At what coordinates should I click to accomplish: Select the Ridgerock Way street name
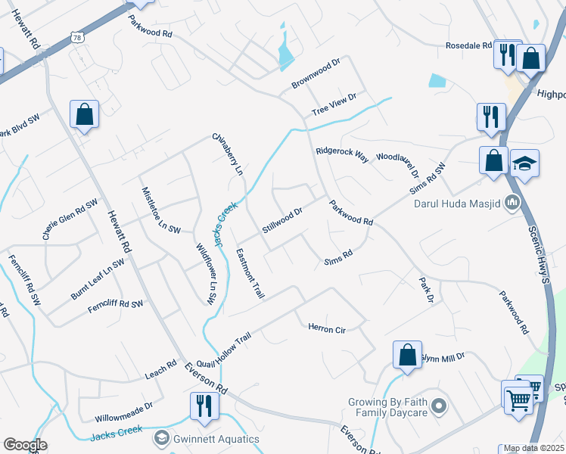point(342,156)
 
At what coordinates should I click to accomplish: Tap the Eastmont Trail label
point(249,273)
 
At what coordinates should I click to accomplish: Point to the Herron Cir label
point(326,328)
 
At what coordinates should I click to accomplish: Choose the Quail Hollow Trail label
point(222,340)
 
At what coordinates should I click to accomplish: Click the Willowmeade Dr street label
point(124,412)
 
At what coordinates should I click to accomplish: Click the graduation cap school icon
point(524,163)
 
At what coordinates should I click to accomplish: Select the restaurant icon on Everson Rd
point(204,404)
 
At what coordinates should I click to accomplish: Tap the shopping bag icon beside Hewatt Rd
point(84,115)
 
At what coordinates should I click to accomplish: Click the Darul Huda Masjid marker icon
point(512,202)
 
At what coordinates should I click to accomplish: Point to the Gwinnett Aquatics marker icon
point(161,438)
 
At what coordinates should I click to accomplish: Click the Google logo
point(25,445)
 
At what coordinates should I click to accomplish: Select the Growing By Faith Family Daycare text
point(388,407)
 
